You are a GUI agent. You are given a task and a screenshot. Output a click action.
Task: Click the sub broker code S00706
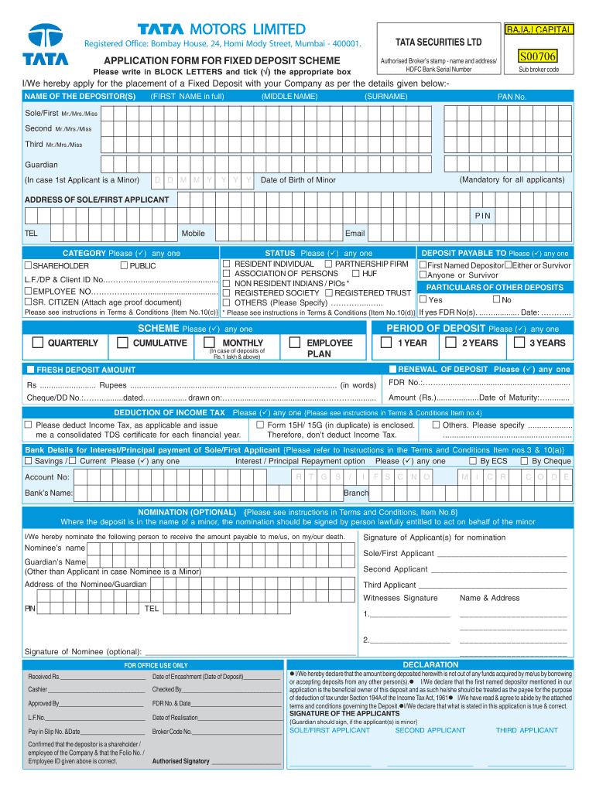point(538,57)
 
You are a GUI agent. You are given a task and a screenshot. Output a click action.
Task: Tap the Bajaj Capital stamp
point(539,30)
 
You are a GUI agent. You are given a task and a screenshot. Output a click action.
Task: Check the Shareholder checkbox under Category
point(28,265)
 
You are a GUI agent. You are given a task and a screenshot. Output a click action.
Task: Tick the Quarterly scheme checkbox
point(38,343)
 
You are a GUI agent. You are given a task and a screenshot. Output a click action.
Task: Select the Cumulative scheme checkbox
point(123,343)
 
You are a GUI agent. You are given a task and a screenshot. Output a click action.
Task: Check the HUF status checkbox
point(355,273)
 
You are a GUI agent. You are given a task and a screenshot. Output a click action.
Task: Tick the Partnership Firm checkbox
point(328,264)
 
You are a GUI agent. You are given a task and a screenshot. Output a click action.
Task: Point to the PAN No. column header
point(512,97)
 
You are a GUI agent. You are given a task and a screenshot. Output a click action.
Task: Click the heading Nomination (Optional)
point(187,512)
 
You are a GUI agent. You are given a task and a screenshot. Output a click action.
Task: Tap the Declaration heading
point(430,664)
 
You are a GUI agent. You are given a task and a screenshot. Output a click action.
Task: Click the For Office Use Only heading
point(156,665)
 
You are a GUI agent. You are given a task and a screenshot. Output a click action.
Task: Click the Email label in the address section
point(355,233)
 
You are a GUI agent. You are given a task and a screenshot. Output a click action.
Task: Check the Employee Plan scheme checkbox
point(294,343)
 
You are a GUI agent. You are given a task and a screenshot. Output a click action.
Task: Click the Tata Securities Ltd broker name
point(438,42)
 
